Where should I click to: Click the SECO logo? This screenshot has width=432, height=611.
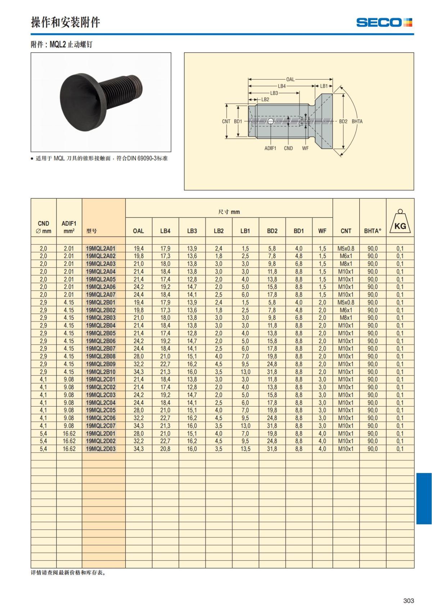pyautogui.click(x=384, y=22)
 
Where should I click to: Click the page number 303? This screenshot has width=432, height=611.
pyautogui.click(x=408, y=601)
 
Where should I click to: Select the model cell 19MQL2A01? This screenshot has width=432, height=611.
pyautogui.click(x=100, y=248)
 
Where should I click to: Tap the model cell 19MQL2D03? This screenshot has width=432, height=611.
pyautogui.click(x=100, y=449)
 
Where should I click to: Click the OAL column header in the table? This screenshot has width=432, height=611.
pyautogui.click(x=138, y=231)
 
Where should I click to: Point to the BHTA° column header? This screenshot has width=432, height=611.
pyautogui.click(x=372, y=231)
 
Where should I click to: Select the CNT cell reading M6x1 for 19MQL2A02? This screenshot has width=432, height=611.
pyautogui.click(x=346, y=256)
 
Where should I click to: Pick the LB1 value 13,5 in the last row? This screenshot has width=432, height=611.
pyautogui.click(x=245, y=449)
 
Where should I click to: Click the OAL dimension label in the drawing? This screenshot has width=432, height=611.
pyautogui.click(x=290, y=79)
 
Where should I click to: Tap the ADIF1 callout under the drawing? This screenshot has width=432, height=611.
pyautogui.click(x=270, y=148)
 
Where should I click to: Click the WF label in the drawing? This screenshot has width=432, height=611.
pyautogui.click(x=305, y=148)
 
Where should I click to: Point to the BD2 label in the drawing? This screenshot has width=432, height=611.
pyautogui.click(x=343, y=121)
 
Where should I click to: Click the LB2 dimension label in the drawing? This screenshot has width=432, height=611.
pyautogui.click(x=265, y=99)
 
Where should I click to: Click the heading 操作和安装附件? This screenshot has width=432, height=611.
pyautogui.click(x=65, y=22)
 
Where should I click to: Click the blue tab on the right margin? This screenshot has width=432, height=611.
pyautogui.click(x=424, y=498)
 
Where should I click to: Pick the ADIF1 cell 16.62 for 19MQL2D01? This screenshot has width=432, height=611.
pyautogui.click(x=69, y=433)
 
